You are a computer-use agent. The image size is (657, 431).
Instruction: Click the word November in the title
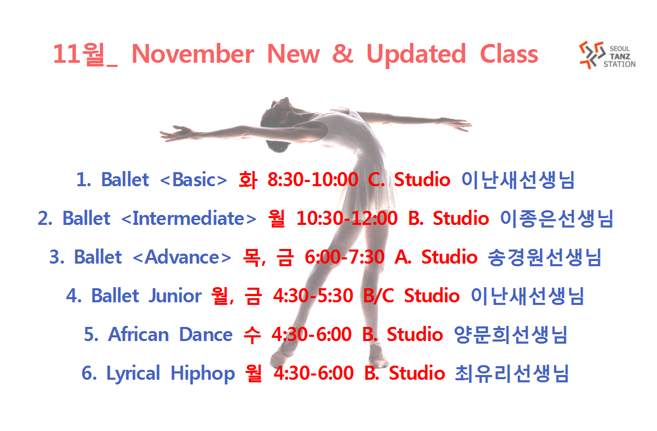[192, 54]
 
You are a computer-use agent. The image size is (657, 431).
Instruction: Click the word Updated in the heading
[416, 55]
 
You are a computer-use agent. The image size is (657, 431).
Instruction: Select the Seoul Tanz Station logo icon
[591, 55]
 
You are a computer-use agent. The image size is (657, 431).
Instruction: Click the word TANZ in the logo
[620, 56]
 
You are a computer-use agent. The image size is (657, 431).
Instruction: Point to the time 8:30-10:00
[313, 179]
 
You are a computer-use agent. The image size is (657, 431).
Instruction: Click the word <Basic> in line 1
[194, 179]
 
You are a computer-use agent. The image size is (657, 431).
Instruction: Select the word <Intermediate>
[189, 218]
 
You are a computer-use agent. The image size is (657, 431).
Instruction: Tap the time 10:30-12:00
[347, 218]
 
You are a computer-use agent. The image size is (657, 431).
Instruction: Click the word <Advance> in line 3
[182, 257]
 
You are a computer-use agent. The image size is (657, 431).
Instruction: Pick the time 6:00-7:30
[345, 257]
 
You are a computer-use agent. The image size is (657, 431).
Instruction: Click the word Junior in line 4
[175, 296]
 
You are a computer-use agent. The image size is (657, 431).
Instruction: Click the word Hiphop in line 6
[202, 374]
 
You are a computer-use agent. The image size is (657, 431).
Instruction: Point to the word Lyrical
[133, 374]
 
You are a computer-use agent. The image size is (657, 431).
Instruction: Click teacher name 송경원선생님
[545, 257]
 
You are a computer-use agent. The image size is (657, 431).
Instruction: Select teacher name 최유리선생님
[512, 373]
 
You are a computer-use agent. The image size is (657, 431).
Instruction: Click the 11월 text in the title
[78, 54]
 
